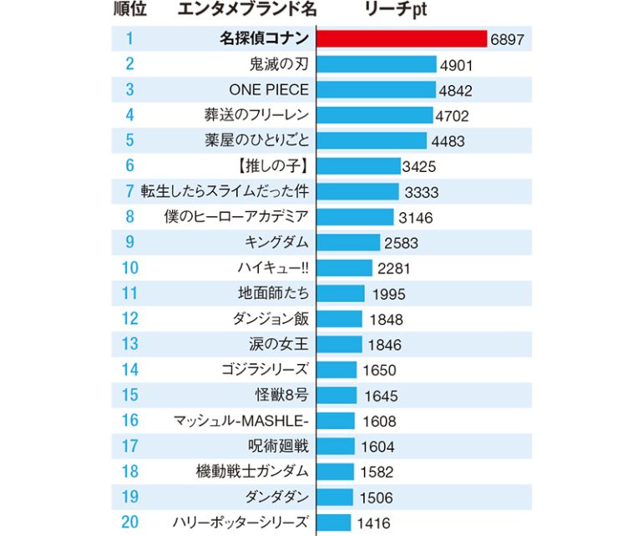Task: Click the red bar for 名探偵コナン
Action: click(x=401, y=38)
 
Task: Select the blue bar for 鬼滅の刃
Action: click(x=377, y=64)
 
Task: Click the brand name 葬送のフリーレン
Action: click(x=256, y=115)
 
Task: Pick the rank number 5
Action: click(x=129, y=140)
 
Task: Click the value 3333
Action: click(x=422, y=192)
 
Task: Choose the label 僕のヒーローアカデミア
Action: click(x=237, y=217)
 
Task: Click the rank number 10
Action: click(x=129, y=268)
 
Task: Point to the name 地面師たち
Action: click(x=273, y=293)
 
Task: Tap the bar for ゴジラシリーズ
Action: click(x=337, y=370)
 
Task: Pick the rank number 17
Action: click(x=129, y=446)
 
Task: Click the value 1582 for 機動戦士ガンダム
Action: click(x=377, y=472)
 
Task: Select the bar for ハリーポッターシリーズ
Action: click(x=334, y=523)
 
